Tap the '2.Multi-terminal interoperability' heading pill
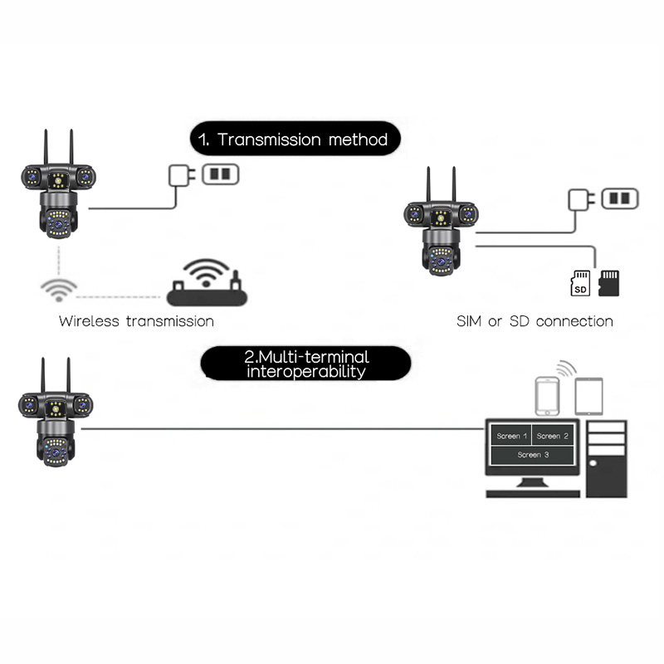[x=306, y=364]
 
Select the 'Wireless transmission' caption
[x=136, y=321]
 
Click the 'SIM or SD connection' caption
[x=535, y=321]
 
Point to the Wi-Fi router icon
[x=205, y=285]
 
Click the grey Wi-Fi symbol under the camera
[x=58, y=289]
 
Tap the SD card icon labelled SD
[x=580, y=283]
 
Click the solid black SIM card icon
[x=609, y=282]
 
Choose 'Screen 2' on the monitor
[x=553, y=436]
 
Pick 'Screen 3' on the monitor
[x=532, y=455]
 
